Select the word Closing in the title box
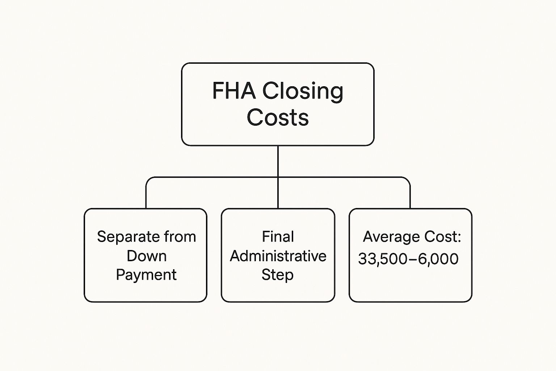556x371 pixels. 303,91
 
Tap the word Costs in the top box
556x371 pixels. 278,117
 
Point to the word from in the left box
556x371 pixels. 180,237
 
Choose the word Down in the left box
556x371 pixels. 146,256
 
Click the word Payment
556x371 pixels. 146,275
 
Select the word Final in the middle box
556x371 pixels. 278,237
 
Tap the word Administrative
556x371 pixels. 278,256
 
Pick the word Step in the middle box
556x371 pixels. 278,275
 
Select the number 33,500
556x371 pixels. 385,259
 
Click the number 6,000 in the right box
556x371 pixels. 438,259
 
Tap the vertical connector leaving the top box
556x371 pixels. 278,161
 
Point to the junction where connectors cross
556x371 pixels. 278,178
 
